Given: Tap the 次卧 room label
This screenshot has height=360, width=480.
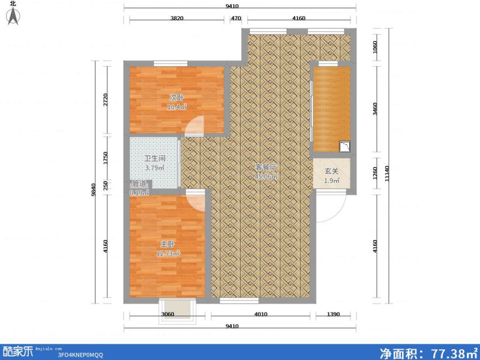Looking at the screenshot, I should click(x=176, y=98).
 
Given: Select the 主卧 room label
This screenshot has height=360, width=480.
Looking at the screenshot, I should click(x=167, y=244).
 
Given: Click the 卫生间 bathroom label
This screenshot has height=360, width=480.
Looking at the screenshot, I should click(x=154, y=159).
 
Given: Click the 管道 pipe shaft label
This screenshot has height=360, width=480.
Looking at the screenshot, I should click(x=139, y=184).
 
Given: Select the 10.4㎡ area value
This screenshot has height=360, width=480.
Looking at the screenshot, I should click(x=176, y=107).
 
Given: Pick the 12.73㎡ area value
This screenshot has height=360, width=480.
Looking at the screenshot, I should click(x=167, y=253).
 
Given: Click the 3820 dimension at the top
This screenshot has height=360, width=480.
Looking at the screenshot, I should click(x=176, y=19).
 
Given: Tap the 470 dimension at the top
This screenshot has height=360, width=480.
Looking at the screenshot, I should click(x=236, y=19).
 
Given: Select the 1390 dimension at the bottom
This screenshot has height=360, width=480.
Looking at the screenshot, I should click(x=334, y=314).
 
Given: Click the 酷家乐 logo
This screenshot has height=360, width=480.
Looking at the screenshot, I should click(x=17, y=351).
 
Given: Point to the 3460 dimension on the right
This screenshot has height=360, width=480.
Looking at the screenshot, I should click(x=376, y=109).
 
